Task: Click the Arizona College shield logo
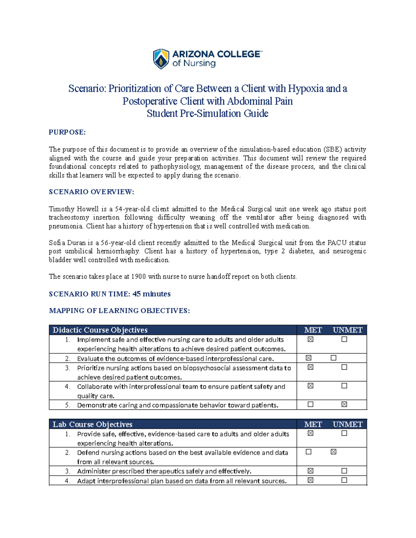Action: point(161,59)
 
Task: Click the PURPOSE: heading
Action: point(67,132)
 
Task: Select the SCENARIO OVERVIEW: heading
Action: point(91,192)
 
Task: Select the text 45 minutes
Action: point(151,294)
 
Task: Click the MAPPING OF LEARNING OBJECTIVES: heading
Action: point(119,310)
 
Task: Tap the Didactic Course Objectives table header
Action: point(100,330)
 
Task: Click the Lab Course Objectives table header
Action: point(92,424)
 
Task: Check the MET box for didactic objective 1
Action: point(310,339)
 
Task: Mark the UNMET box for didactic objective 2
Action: point(333,358)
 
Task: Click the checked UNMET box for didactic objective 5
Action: point(344,404)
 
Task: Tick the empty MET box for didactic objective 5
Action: point(310,404)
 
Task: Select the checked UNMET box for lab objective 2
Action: point(333,452)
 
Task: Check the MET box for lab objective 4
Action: point(310,480)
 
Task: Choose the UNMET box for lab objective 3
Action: point(344,471)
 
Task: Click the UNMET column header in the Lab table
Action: point(347,424)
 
